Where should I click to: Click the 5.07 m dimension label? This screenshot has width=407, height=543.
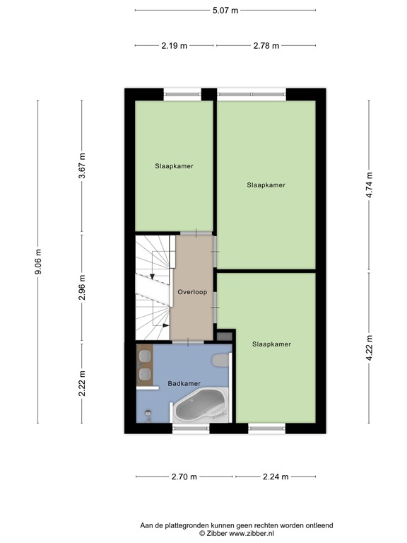coord(225,11)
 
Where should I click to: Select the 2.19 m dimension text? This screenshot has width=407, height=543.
coord(174,46)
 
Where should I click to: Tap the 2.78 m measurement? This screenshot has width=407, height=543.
coord(266,46)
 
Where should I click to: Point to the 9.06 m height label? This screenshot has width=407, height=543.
coord(38,262)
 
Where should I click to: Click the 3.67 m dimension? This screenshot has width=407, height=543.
coord(82,165)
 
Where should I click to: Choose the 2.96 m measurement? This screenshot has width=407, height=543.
coord(82,288)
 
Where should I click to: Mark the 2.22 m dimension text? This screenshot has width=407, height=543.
coord(82,383)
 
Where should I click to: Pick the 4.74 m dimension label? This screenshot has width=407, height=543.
coord(370,185)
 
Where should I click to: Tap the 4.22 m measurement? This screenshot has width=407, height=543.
coord(370,348)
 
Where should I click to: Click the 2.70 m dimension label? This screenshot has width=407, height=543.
coord(184,477)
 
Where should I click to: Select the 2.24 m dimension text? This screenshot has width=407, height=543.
coord(276,477)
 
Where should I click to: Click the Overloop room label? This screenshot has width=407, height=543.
coord(192,292)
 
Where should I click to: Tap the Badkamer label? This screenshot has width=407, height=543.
coord(184,383)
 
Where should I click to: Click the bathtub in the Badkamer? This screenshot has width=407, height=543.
coord(201,406)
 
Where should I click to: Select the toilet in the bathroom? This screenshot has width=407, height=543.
coord(220,361)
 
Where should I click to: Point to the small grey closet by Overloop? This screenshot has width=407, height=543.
coord(224,336)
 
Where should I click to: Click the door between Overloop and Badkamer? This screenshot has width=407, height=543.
coord(188,342)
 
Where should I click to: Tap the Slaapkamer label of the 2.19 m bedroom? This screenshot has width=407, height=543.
coord(174,166)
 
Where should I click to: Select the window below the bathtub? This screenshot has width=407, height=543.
coord(191,428)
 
